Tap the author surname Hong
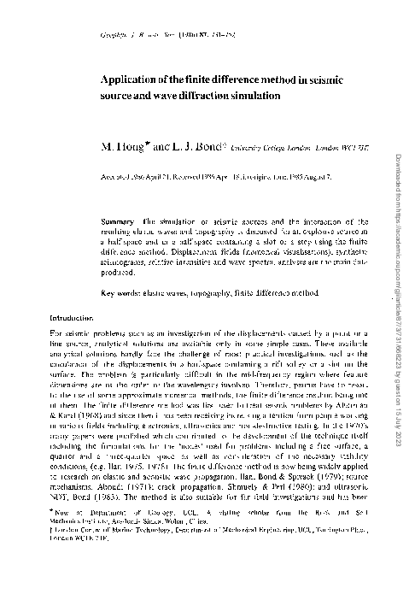(126, 145)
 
